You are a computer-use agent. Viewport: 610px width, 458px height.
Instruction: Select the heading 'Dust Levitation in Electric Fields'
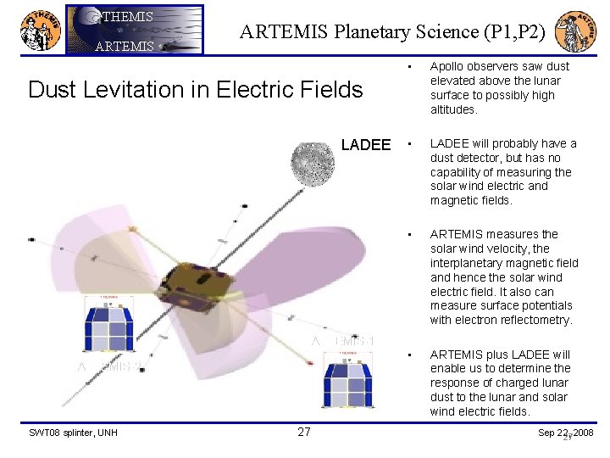pyautogui.click(x=196, y=89)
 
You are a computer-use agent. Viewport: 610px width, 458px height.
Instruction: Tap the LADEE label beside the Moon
pyautogui.click(x=365, y=145)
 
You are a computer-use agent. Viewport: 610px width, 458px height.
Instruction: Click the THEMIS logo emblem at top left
pyautogui.click(x=39, y=31)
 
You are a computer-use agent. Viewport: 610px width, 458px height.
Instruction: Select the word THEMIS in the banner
pyautogui.click(x=128, y=16)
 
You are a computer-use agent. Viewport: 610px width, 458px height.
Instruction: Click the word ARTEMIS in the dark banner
pyautogui.click(x=125, y=46)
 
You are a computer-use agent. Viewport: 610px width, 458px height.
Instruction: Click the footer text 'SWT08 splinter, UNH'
pyautogui.click(x=73, y=433)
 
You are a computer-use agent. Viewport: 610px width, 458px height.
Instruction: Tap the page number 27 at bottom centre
pyautogui.click(x=304, y=433)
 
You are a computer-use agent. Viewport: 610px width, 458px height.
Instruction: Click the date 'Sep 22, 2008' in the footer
pyautogui.click(x=566, y=433)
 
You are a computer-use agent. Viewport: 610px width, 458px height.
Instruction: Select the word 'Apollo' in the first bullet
pyautogui.click(x=446, y=66)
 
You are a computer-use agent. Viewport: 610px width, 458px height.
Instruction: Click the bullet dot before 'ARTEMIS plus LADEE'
pyautogui.click(x=408, y=355)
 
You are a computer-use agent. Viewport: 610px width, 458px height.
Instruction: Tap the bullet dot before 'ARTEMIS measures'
pyautogui.click(x=408, y=234)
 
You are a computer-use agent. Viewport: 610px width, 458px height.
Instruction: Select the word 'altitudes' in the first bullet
pyautogui.click(x=452, y=109)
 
